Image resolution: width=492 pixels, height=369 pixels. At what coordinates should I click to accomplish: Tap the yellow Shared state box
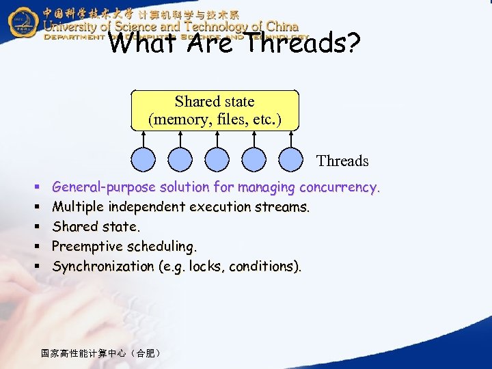coord(215,110)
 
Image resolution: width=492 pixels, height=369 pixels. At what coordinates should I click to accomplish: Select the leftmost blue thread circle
coord(143,160)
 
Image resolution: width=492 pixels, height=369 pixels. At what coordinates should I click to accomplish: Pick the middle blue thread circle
coord(217,160)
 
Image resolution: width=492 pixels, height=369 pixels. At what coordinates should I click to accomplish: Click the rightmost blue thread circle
coord(291,160)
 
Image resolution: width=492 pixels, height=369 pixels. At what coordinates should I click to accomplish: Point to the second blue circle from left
coord(180,160)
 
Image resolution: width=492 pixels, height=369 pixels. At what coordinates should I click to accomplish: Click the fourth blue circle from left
coord(254,160)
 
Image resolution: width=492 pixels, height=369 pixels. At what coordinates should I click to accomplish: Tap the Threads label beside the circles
coord(342,161)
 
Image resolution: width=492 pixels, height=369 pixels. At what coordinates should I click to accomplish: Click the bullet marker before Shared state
coord(34,227)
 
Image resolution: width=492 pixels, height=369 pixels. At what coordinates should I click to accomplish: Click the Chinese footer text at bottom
coord(100,353)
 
